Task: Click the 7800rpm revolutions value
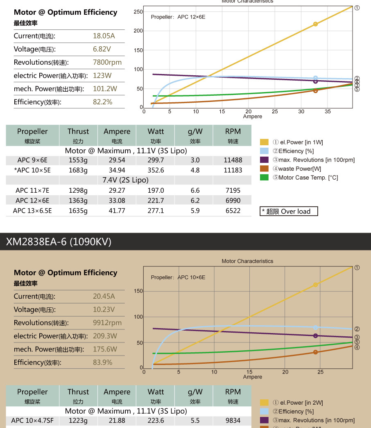click(107, 62)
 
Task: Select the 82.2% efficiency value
click(102, 102)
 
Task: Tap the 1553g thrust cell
click(78, 160)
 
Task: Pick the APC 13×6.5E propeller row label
click(32, 211)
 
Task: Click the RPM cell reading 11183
click(233, 170)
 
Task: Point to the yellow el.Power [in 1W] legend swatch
click(265, 142)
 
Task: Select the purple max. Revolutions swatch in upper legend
click(265, 160)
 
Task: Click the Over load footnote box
click(289, 212)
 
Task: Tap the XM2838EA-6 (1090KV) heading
click(59, 242)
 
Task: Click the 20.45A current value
click(104, 296)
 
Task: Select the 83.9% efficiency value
click(102, 362)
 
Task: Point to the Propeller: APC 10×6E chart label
click(178, 277)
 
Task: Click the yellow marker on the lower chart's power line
click(315, 285)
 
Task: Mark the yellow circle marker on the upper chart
click(315, 24)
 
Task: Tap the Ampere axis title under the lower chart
click(252, 377)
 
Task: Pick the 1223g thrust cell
click(78, 421)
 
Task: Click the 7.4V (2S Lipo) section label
click(125, 180)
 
